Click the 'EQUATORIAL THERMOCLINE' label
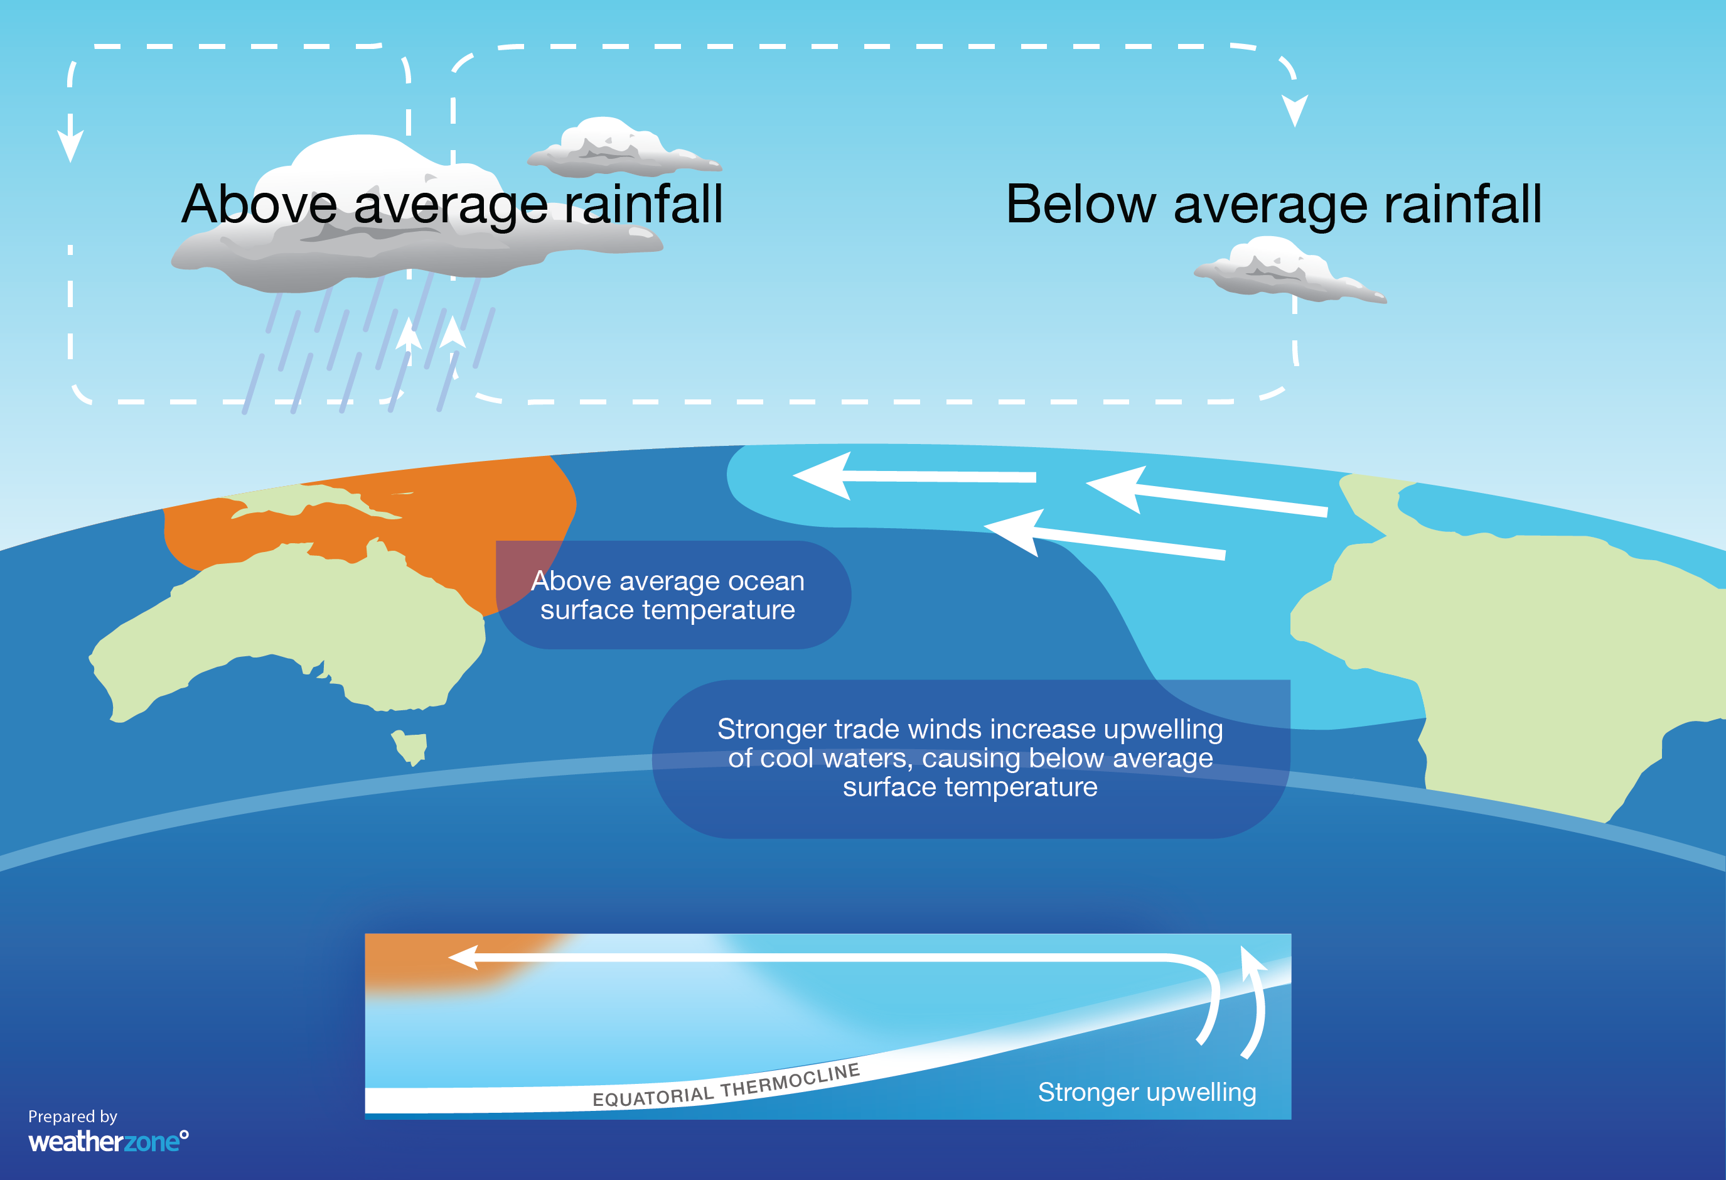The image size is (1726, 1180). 726,1086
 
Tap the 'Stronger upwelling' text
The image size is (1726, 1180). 1147,1092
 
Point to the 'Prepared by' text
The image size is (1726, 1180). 73,1116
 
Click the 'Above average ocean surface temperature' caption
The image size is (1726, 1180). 668,595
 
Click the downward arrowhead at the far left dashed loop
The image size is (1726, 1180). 70,145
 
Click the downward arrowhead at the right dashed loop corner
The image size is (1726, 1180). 1294,111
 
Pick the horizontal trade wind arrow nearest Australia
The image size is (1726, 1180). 913,475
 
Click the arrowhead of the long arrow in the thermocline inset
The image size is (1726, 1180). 464,957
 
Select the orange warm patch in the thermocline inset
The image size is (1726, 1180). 453,962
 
